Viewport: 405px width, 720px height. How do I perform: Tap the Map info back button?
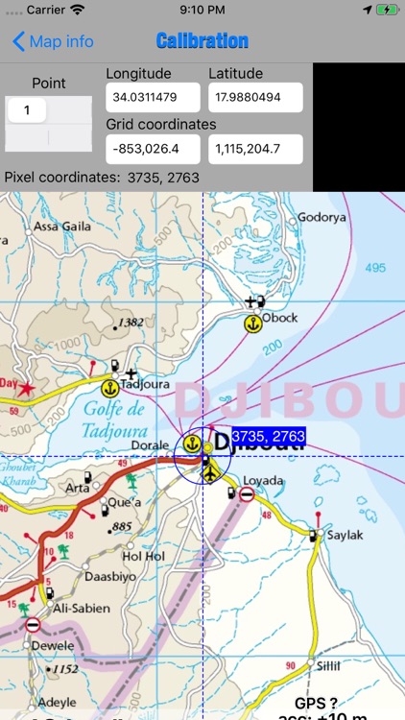52,41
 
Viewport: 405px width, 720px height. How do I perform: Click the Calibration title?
202,41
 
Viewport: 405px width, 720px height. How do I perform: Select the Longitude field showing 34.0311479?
153,97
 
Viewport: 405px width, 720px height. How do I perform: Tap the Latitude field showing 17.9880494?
255,97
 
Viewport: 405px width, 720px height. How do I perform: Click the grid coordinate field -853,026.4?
153,149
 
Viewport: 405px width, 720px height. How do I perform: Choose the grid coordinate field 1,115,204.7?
255,149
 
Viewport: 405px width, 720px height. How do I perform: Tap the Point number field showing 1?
28,110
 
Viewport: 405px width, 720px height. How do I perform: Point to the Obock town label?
279,318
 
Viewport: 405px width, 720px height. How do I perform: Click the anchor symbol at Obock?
253,323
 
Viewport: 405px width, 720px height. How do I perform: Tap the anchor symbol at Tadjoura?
109,388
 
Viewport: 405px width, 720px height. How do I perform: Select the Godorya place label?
322,217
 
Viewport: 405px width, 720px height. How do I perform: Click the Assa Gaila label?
60,228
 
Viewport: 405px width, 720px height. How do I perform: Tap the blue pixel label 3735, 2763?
268,437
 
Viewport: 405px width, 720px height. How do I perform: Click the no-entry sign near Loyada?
247,494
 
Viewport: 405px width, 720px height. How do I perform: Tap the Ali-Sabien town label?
80,608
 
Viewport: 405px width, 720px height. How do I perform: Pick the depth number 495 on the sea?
375,267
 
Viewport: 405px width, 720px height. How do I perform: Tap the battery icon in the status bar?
387,10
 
